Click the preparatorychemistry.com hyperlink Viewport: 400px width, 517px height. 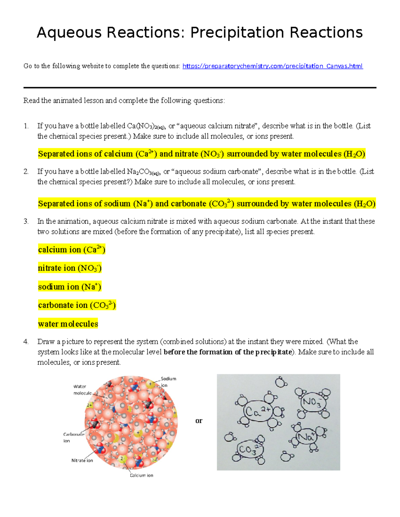coord(273,66)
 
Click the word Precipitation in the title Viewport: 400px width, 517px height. coord(237,33)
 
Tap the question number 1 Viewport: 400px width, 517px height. coord(26,126)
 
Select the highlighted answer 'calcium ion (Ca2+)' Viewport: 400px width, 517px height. coord(72,250)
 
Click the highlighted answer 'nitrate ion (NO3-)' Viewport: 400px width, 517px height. coord(70,268)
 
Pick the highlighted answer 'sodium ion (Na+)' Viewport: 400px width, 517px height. coord(70,287)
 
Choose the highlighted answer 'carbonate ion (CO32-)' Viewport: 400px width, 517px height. coord(77,305)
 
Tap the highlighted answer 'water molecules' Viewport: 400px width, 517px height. coord(68,324)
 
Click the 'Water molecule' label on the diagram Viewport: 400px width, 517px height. coord(82,390)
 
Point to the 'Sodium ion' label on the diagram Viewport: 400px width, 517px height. coord(168,382)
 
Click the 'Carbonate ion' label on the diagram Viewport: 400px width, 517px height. coord(74,437)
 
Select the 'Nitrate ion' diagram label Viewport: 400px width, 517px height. coord(82,460)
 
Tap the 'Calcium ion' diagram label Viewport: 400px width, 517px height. coord(142,475)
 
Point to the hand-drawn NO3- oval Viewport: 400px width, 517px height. coord(312,402)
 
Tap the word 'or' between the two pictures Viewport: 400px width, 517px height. coord(199,421)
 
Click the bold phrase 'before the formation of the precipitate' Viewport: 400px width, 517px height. coord(228,352)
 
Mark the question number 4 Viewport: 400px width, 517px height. coord(26,342)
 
